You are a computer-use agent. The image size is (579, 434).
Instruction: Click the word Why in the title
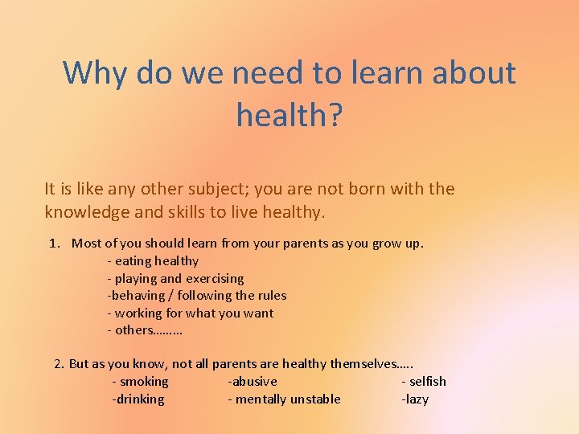(x=96, y=73)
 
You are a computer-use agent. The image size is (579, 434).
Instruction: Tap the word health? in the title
(x=289, y=115)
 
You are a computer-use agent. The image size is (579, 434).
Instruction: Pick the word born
(x=363, y=189)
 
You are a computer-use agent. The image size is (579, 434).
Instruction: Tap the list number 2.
(x=59, y=363)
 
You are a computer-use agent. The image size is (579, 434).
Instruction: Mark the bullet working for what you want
(x=190, y=313)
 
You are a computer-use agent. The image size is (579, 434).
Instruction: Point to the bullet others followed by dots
(x=145, y=330)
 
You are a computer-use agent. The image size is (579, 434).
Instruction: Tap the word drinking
(x=140, y=399)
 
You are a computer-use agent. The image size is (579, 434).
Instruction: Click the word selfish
(x=427, y=381)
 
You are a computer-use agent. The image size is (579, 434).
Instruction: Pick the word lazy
(x=417, y=399)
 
